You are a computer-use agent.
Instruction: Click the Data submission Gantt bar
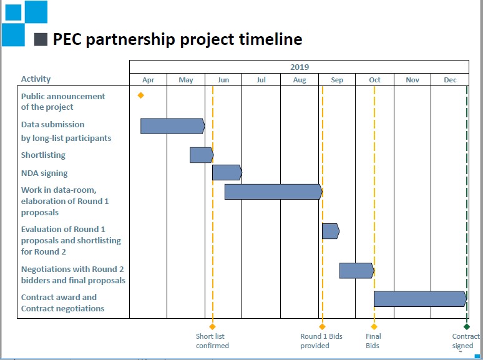[172, 126]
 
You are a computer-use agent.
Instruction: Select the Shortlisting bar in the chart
[202, 155]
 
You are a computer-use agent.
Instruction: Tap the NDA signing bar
[227, 172]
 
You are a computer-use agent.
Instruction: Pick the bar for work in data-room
[273, 192]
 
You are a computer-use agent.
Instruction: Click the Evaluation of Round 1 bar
[331, 231]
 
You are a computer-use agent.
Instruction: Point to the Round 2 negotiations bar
[357, 271]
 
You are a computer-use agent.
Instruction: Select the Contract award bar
[421, 299]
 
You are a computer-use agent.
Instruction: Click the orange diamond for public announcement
[141, 95]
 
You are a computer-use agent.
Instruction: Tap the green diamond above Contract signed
[467, 326]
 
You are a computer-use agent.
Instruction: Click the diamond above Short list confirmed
[212, 326]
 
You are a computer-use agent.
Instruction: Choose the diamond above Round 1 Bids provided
[322, 326]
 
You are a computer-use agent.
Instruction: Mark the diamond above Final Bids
[374, 326]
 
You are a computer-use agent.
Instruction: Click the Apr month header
[148, 80]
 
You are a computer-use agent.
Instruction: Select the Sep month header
[337, 80]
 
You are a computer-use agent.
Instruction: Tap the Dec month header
[450, 80]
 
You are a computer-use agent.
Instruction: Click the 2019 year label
[300, 67]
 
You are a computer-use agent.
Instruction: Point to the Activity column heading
[36, 79]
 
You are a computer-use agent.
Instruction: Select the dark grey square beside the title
[41, 39]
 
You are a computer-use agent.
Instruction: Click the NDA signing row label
[44, 173]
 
